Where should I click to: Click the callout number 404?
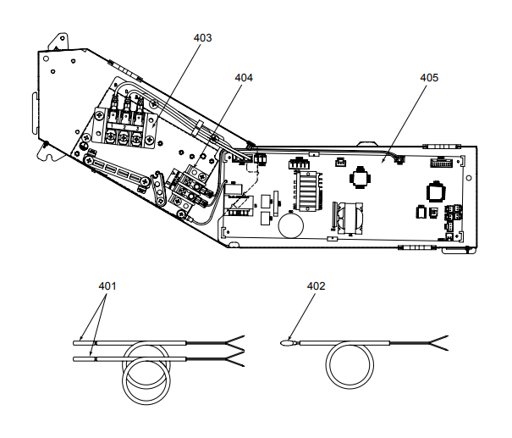tap(244, 77)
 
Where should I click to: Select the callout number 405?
tap(429, 77)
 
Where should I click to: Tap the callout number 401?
tap(107, 286)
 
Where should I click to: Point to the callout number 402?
tap(316, 286)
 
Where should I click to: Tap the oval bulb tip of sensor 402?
tap(285, 343)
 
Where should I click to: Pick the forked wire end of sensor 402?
tap(441, 343)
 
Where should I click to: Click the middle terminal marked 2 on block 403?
tap(124, 136)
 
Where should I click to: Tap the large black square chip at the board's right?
tap(436, 190)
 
